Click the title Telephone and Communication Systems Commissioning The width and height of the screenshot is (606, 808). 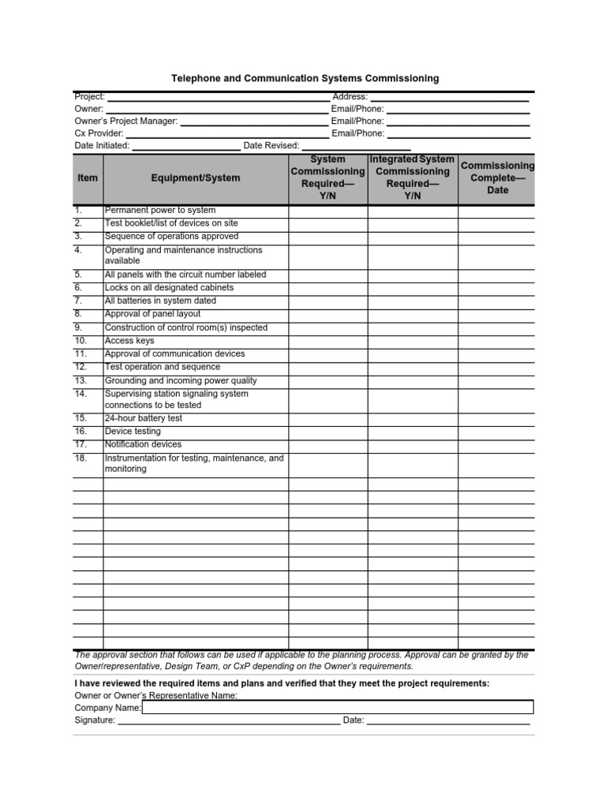(x=305, y=79)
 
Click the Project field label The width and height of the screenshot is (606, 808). (x=89, y=96)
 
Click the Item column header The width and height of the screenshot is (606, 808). (x=88, y=178)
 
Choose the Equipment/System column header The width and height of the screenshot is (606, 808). (x=196, y=178)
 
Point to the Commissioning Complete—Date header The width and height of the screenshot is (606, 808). (x=497, y=178)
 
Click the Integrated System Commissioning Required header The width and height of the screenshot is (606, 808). (x=412, y=178)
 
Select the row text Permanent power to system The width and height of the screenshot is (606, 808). (x=160, y=210)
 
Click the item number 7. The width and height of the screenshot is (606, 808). (x=78, y=301)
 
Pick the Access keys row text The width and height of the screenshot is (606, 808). (x=129, y=341)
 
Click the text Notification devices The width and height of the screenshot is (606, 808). (x=143, y=444)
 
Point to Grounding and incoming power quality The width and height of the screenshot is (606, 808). (x=181, y=380)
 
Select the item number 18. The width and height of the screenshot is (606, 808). (x=80, y=458)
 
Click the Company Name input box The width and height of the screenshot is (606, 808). (x=338, y=708)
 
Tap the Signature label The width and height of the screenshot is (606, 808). (x=95, y=720)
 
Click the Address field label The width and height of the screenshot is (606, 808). (x=350, y=96)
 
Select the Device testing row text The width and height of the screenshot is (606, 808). (x=133, y=432)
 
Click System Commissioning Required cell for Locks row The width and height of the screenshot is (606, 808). (x=327, y=288)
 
